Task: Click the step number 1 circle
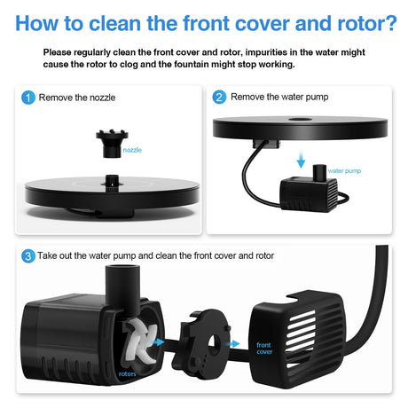pos(28,98)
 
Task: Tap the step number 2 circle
pos(219,97)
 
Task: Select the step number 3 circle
pos(28,256)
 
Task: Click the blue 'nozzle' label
pos(132,150)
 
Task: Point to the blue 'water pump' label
pos(344,171)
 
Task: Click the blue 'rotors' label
pos(127,373)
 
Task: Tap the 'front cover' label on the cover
pos(264,349)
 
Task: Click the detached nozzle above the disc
pos(112,144)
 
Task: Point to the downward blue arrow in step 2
pos(301,159)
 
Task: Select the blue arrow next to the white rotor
pos(158,342)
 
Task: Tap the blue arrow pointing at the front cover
pos(233,344)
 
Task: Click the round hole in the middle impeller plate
pos(214,342)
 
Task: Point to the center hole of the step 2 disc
pos(301,119)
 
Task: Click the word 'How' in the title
pos(36,23)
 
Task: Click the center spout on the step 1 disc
pos(112,181)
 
